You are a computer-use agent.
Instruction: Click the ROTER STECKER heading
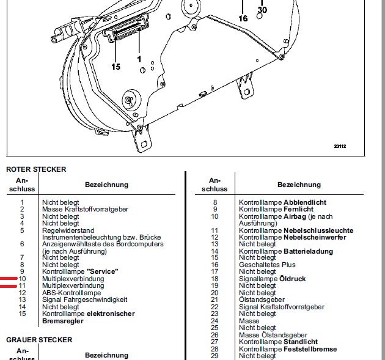tap(36, 169)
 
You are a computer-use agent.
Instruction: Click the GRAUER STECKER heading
tap(39, 340)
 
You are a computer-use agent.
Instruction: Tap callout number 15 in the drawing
tap(116, 67)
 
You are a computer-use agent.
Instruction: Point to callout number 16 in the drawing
tap(243, 18)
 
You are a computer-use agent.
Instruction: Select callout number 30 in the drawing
tap(262, 10)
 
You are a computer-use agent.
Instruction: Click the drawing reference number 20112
tap(340, 146)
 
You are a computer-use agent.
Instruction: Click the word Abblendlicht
tap(305, 202)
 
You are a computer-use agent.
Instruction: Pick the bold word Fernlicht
tap(299, 209)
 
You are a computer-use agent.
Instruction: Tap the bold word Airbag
tap(295, 216)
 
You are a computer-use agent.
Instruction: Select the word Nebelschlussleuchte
tap(318, 230)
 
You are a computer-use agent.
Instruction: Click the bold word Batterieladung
tap(308, 251)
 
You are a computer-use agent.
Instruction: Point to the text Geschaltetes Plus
tap(267, 265)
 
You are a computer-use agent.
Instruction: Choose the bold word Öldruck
tap(293, 279)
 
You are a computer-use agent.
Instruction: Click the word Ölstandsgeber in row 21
tap(262, 299)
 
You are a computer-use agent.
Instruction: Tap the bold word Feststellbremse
tap(310, 349)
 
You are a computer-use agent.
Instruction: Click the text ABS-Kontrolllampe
tap(71, 293)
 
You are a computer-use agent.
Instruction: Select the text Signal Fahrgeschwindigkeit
tap(85, 300)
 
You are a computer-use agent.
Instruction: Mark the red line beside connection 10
tap(9, 279)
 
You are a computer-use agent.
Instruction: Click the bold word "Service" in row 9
tap(103, 271)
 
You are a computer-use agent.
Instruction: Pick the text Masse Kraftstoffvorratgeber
tap(85, 209)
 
